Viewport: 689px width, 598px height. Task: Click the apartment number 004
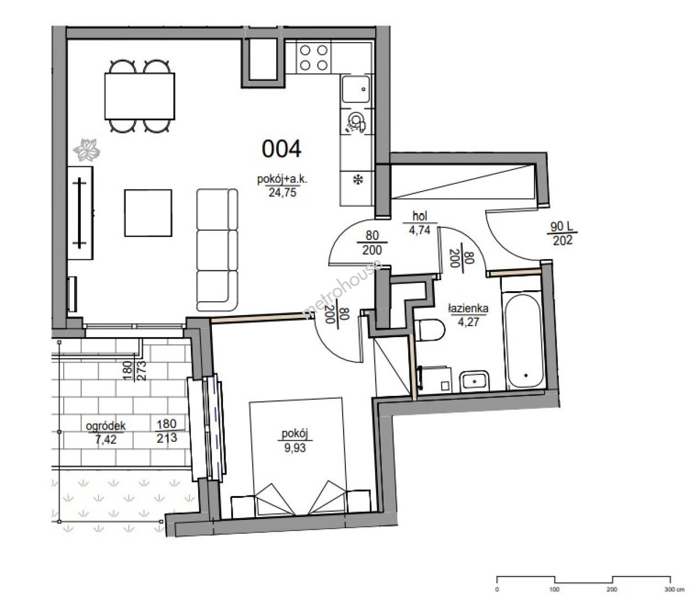click(x=281, y=149)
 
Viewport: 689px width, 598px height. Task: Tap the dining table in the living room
click(x=139, y=96)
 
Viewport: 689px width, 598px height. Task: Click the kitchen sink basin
click(x=356, y=89)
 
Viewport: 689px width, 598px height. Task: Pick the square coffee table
click(x=148, y=213)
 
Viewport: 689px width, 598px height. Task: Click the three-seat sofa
click(x=217, y=250)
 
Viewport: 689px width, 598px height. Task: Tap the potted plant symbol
click(x=86, y=150)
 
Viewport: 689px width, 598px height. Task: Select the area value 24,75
click(x=282, y=192)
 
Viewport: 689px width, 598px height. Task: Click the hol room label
click(x=419, y=216)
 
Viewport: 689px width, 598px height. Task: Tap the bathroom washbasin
click(x=474, y=381)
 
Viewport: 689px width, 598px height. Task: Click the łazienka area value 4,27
click(x=468, y=322)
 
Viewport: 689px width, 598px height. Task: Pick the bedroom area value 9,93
click(x=295, y=448)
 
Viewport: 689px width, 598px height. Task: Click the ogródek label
click(x=105, y=426)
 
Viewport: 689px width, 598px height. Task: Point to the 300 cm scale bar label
click(x=674, y=589)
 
